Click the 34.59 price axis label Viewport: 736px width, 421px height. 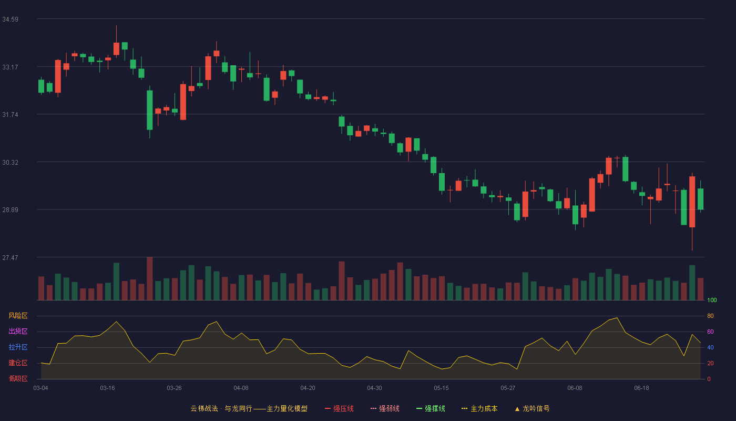[x=10, y=19]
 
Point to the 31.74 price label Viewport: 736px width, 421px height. [x=10, y=115]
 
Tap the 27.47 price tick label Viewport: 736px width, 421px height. [x=10, y=258]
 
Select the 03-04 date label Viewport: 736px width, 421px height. [x=41, y=388]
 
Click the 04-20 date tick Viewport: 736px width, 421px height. [x=308, y=388]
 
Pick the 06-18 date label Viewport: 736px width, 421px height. [x=642, y=388]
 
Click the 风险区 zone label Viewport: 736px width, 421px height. [x=18, y=316]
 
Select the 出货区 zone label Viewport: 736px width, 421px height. [x=18, y=331]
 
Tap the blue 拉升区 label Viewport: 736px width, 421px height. [x=18, y=347]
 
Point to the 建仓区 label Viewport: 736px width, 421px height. [x=18, y=363]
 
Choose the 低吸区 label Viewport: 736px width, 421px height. [x=18, y=378]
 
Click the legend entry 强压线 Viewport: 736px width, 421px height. [x=339, y=409]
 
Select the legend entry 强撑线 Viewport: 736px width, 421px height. [x=431, y=409]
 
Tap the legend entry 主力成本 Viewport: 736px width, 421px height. [x=479, y=409]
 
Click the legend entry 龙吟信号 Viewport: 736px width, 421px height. [x=532, y=409]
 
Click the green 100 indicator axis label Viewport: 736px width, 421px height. [x=712, y=300]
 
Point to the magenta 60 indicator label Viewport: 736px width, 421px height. [x=710, y=332]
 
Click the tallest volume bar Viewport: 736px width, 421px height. [x=149, y=278]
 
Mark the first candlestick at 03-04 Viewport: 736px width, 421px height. [x=41, y=86]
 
